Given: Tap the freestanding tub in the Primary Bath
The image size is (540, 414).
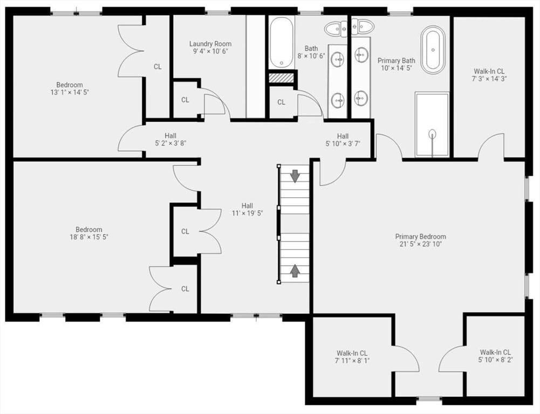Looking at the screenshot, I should click(433, 50).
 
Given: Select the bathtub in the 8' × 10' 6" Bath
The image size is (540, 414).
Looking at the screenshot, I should click(282, 43).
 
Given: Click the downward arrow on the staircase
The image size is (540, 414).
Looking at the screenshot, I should click(295, 176).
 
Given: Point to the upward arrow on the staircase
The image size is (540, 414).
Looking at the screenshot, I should click(295, 270).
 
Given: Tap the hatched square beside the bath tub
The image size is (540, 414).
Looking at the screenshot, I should click(282, 78).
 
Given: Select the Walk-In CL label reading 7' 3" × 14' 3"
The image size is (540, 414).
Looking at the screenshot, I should click(489, 75).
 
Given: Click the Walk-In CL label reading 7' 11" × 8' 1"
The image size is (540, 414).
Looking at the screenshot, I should click(352, 357).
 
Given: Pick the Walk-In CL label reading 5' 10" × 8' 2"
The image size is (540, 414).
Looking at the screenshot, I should click(495, 356).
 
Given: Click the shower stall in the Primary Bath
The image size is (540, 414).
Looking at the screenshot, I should click(432, 125).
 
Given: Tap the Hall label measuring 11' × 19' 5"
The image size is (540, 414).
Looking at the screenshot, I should click(247, 209).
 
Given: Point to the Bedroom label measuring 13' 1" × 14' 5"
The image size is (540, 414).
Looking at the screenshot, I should click(70, 88).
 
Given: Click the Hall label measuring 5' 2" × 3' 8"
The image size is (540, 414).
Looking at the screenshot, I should click(170, 140).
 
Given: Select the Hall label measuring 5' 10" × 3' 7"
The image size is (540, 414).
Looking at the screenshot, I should click(343, 140).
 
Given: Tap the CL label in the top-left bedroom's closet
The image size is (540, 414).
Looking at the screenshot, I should click(158, 67).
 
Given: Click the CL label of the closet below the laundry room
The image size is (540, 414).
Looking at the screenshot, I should click(185, 100).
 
